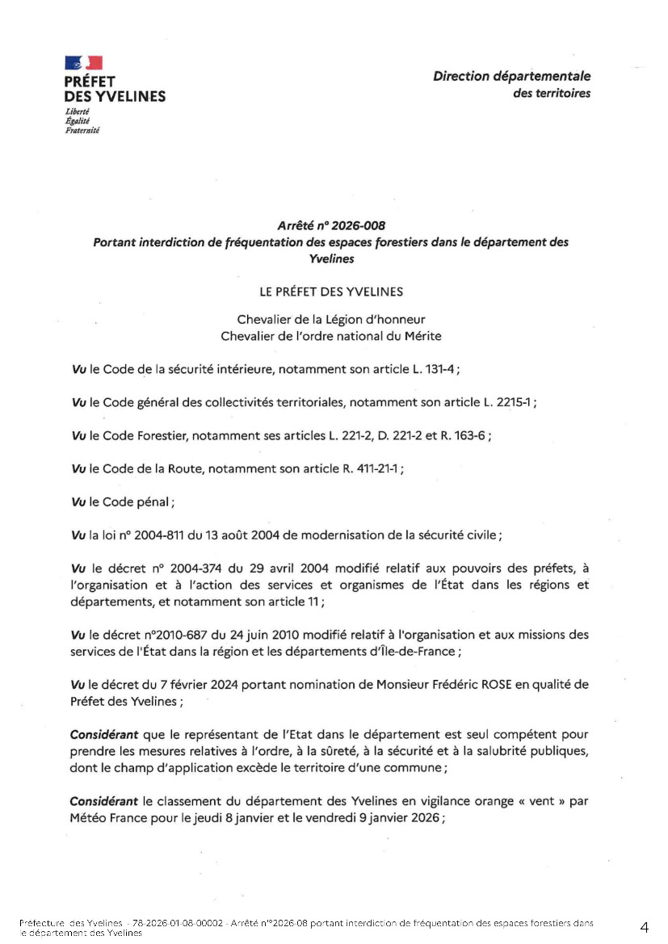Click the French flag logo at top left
[x=83, y=63]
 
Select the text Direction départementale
[x=511, y=77]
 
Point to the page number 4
[x=644, y=926]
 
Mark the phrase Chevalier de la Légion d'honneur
[x=331, y=320]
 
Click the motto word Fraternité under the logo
[x=82, y=129]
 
